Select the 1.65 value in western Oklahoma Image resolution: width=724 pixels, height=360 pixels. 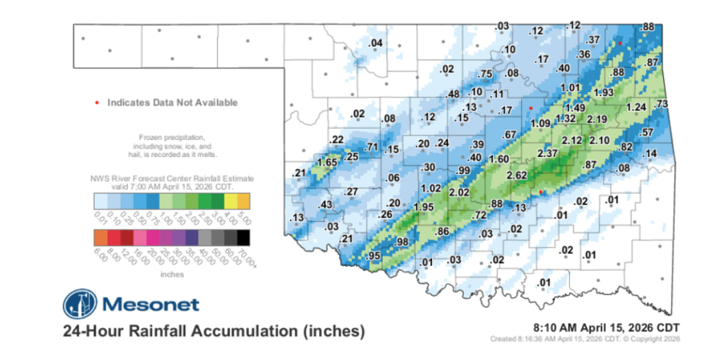point(326,162)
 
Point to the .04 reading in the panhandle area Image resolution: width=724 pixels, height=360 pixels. point(376,44)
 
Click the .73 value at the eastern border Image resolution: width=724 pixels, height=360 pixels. point(662,104)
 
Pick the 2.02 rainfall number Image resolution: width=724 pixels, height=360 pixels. point(460,192)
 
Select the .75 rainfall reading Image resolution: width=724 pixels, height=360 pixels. point(485,74)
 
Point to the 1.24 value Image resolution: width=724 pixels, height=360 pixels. point(637,107)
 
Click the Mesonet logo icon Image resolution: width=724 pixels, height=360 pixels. point(80,304)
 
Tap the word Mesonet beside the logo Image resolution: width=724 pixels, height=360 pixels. point(151,305)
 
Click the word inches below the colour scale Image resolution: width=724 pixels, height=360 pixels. point(173,273)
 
